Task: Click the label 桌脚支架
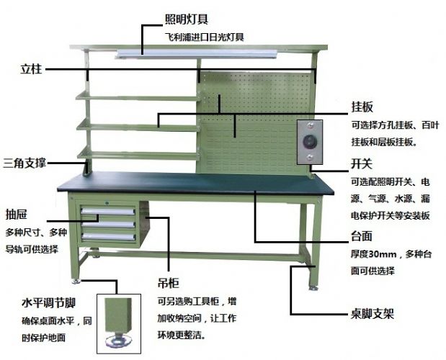point(367,314)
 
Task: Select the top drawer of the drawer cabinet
point(108,211)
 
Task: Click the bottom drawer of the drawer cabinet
point(108,236)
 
